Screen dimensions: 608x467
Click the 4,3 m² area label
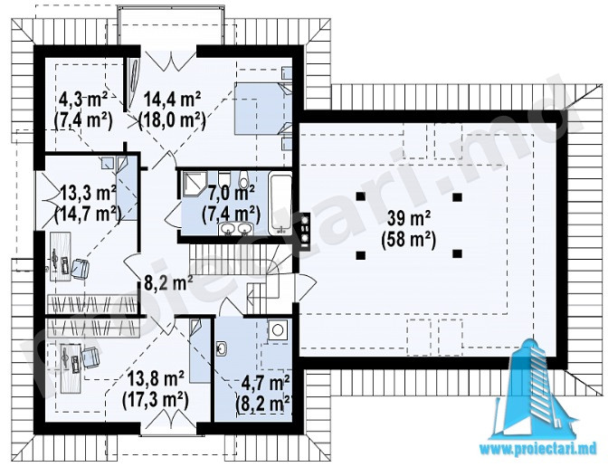(x=83, y=100)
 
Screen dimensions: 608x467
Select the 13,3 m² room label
(x=88, y=193)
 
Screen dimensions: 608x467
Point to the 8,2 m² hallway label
(x=168, y=282)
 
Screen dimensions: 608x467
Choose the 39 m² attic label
(x=409, y=219)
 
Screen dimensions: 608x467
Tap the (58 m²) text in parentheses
(x=409, y=240)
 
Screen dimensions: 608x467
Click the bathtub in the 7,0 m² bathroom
(x=280, y=204)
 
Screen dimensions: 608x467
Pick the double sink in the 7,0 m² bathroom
(x=235, y=229)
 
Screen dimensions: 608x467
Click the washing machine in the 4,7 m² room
(x=278, y=330)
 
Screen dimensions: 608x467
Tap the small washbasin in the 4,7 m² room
(x=221, y=348)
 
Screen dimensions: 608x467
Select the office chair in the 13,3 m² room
(x=80, y=268)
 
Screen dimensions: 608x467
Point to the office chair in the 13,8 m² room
(x=90, y=357)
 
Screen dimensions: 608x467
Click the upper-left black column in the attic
(x=361, y=196)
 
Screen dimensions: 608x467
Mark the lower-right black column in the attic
(x=458, y=254)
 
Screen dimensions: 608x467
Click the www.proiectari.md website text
(x=538, y=449)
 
